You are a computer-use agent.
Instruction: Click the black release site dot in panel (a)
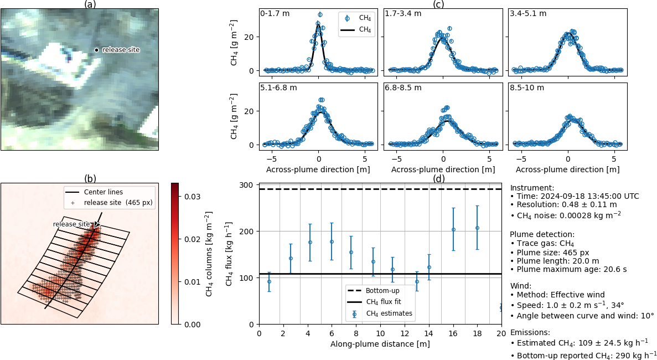(x=96, y=50)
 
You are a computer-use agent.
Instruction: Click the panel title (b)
(x=90, y=178)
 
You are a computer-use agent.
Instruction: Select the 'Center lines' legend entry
(x=103, y=192)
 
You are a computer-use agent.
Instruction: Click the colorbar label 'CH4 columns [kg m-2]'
(x=209, y=254)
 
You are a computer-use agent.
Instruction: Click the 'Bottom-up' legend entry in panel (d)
(x=382, y=290)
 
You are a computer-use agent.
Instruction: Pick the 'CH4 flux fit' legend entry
(x=388, y=302)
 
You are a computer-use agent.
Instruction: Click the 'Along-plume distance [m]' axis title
(x=380, y=344)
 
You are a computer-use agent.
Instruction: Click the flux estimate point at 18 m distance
(x=477, y=228)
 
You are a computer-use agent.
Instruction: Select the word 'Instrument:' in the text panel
(x=532, y=188)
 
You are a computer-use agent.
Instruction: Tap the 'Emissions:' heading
(x=530, y=332)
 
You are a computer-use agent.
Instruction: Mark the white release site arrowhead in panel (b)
(x=97, y=225)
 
